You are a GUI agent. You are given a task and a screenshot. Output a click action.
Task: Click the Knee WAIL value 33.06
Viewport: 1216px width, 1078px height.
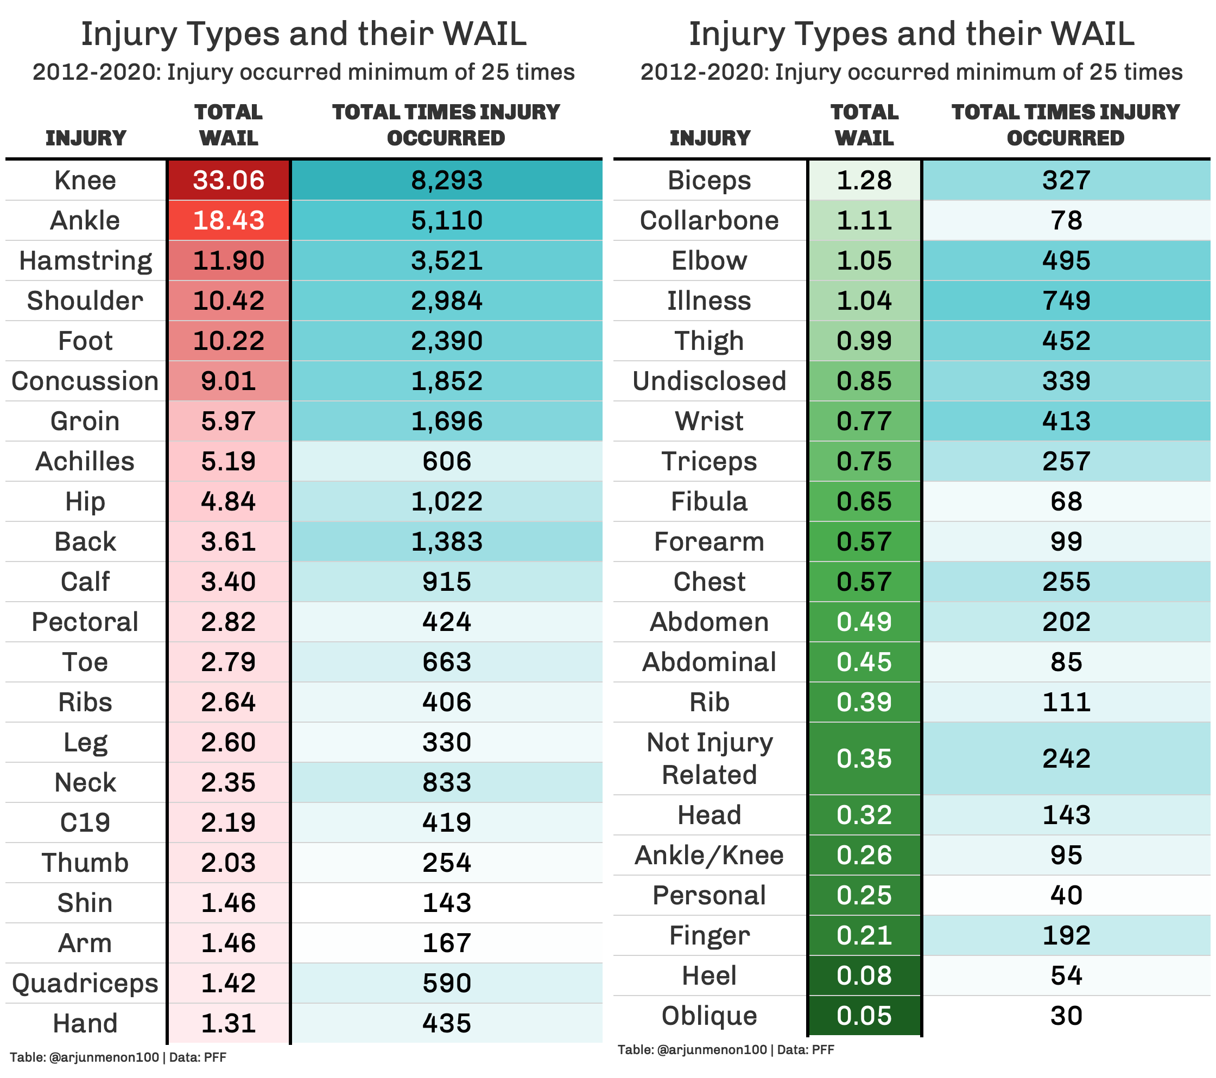(229, 180)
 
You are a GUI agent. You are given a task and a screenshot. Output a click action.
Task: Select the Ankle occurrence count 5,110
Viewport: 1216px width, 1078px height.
(446, 221)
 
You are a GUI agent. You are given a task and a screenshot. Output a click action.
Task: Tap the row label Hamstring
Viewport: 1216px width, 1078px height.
(86, 260)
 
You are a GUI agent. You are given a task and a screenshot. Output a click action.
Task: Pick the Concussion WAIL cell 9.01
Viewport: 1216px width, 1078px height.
(229, 381)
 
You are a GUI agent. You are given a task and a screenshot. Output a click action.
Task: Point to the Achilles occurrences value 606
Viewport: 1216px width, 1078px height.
(446, 461)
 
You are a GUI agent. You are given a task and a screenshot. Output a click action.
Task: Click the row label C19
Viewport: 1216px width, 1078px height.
(86, 822)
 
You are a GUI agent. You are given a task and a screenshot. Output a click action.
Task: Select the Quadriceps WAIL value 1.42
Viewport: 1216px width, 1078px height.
(229, 983)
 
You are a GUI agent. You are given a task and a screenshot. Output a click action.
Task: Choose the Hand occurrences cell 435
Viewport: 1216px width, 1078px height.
(446, 1023)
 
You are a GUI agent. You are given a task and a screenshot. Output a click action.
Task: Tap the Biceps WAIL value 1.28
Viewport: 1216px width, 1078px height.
(864, 180)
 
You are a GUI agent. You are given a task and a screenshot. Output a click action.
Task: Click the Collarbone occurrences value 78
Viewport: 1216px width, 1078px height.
(1066, 221)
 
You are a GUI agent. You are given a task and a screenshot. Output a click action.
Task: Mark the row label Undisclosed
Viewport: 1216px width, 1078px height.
(709, 381)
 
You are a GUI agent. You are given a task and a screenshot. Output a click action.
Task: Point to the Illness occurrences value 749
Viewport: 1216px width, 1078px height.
(1066, 301)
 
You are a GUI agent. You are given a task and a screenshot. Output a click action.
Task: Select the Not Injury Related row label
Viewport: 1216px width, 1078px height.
(709, 758)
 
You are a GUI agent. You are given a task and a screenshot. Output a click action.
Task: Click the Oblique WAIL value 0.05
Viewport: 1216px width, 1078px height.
(864, 1016)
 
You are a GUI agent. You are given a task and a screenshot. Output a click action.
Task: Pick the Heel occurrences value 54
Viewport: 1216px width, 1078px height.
(1066, 975)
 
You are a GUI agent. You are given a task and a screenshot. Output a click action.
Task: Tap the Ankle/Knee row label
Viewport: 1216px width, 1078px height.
(709, 855)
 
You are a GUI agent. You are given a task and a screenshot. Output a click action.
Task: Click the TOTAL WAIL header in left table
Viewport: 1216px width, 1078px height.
(229, 125)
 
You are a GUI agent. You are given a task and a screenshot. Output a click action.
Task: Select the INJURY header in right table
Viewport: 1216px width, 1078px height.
(709, 138)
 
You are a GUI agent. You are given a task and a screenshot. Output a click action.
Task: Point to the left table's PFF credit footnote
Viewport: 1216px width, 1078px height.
(118, 1057)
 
